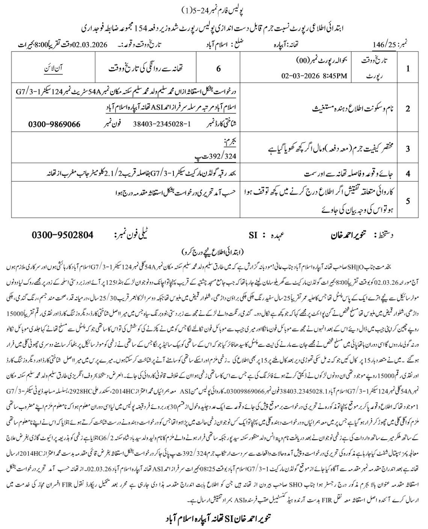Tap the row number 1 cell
click(x=408, y=68)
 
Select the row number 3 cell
click(x=408, y=148)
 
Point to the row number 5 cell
click(x=408, y=200)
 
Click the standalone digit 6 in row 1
click(x=219, y=68)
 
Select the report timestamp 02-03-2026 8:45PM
click(x=314, y=76)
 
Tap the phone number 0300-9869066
click(x=54, y=124)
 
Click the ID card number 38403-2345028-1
click(x=159, y=123)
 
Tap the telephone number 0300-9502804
click(x=62, y=235)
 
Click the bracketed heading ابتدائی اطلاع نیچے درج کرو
click(x=214, y=251)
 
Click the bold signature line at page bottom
click(x=214, y=518)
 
